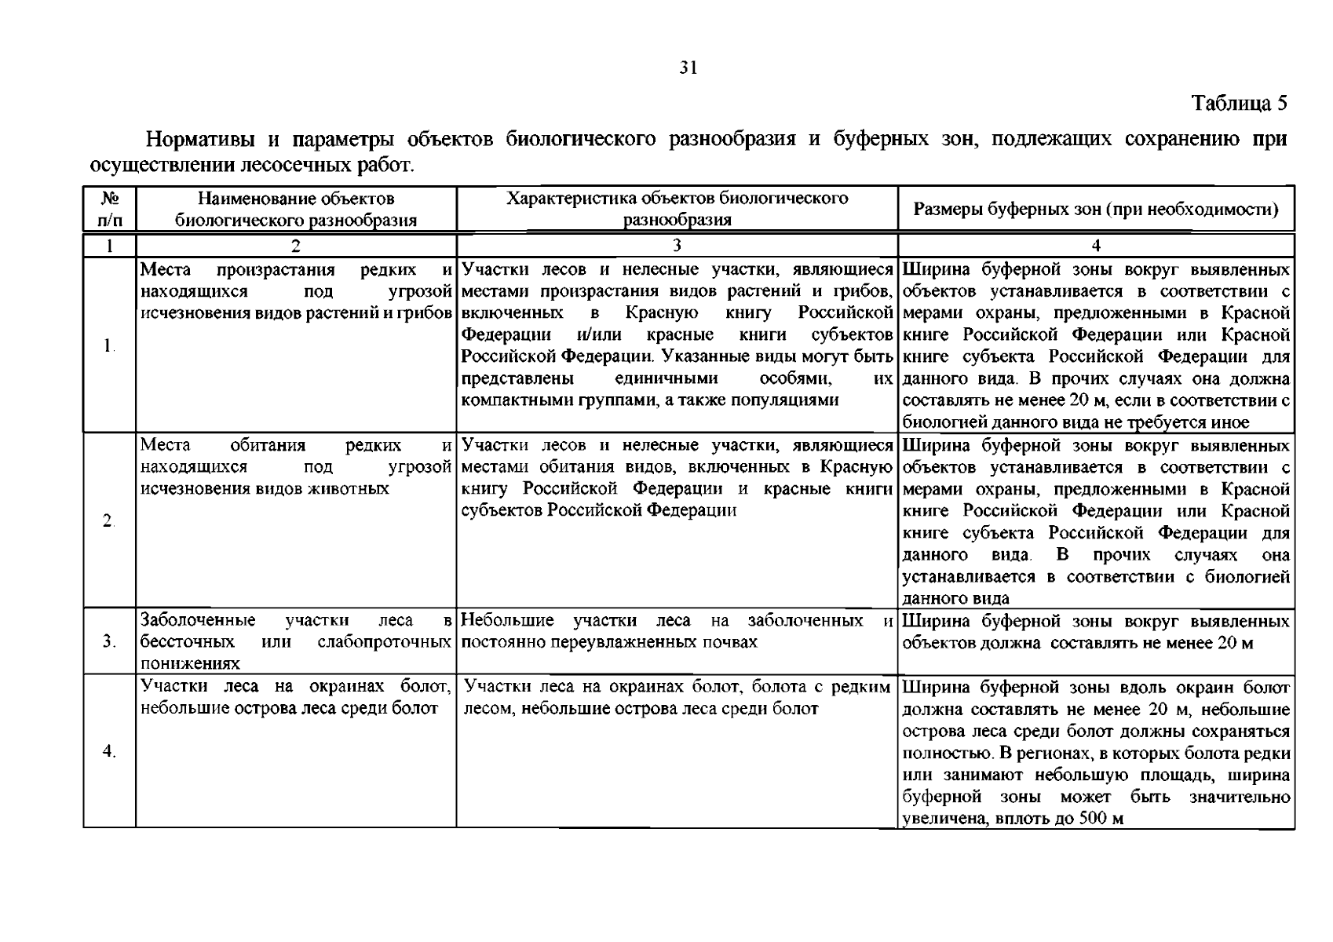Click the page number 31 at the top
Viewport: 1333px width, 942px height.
tap(688, 68)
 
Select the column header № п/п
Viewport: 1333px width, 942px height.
tap(109, 209)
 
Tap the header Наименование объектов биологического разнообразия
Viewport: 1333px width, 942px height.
tap(295, 209)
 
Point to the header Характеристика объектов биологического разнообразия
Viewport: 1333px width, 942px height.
tap(677, 209)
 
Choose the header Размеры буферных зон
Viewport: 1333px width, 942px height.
tap(1096, 210)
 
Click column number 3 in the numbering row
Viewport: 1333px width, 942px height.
tap(677, 245)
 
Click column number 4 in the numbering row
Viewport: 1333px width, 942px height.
tap(1096, 245)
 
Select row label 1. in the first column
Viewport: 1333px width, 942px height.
tap(108, 345)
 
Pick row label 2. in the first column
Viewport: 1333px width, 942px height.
tap(108, 521)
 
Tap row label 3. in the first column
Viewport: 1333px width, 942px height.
tap(108, 642)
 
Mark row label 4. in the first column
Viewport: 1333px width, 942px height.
tap(108, 752)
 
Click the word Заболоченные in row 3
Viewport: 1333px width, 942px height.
tap(198, 621)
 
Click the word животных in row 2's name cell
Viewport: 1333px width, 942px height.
tap(351, 488)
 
